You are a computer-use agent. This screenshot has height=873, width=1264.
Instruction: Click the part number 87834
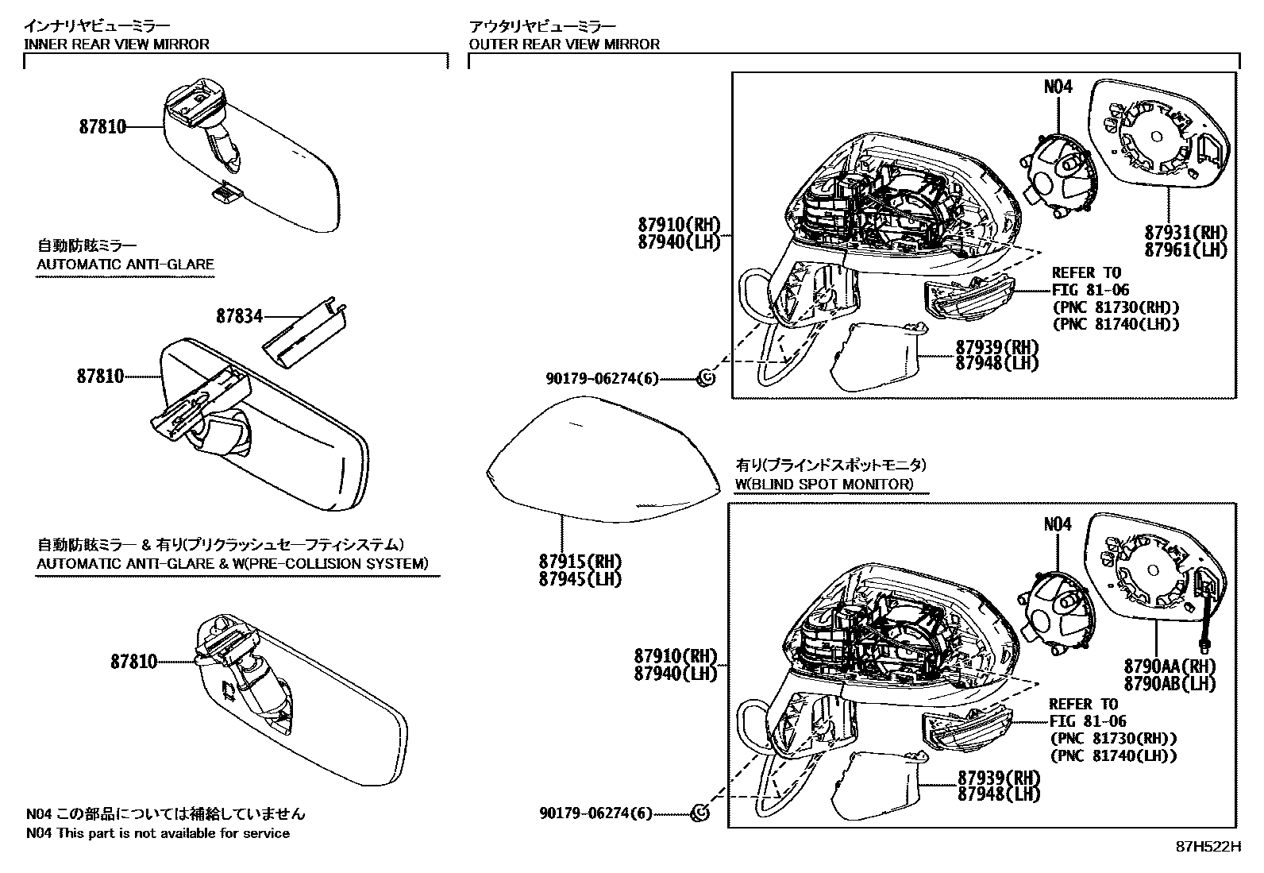239,316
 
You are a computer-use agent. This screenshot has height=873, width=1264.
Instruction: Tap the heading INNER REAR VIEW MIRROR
117,44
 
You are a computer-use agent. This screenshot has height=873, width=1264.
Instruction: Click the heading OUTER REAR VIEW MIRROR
565,44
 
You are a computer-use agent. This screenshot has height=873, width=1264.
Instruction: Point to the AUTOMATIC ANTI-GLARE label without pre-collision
125,265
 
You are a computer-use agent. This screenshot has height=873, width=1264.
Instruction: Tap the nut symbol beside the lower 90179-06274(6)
700,813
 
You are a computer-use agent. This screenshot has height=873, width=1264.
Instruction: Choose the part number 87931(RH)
1185,233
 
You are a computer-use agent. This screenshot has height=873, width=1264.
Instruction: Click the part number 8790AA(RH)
1170,666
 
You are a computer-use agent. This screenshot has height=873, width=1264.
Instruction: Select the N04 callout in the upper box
1058,86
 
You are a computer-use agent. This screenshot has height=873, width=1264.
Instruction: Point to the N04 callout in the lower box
1057,524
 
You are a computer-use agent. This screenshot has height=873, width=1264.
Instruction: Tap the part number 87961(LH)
1185,249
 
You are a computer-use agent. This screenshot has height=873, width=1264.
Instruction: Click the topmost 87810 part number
102,126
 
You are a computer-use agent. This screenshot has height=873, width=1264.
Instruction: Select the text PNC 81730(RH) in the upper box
1116,307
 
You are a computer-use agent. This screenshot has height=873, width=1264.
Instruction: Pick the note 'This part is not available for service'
172,833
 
